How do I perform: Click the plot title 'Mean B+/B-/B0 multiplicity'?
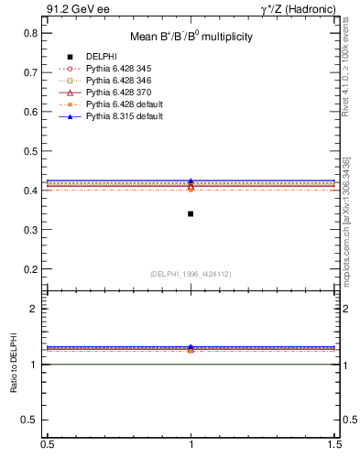[x=191, y=37]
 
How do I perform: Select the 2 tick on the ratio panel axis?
[x=33, y=309]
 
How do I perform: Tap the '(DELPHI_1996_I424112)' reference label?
[x=191, y=273]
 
